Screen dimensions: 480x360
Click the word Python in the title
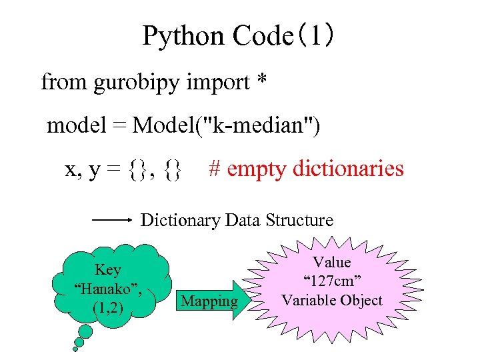pyautogui.click(x=183, y=37)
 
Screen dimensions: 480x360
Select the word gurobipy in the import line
pyautogui.click(x=138, y=83)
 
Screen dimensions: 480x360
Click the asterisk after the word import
pyautogui.click(x=261, y=81)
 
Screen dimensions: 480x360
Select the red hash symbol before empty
pyautogui.click(x=215, y=168)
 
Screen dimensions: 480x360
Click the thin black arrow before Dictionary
pyautogui.click(x=113, y=219)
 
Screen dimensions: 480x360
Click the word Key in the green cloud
pyautogui.click(x=108, y=270)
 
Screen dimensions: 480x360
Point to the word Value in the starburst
pyautogui.click(x=331, y=262)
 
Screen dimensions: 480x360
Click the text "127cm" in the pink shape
pyautogui.click(x=331, y=281)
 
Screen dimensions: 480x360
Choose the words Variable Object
pyautogui.click(x=331, y=300)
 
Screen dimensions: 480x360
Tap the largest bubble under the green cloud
pyautogui.click(x=85, y=331)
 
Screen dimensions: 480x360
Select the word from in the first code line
pyautogui.click(x=63, y=83)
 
